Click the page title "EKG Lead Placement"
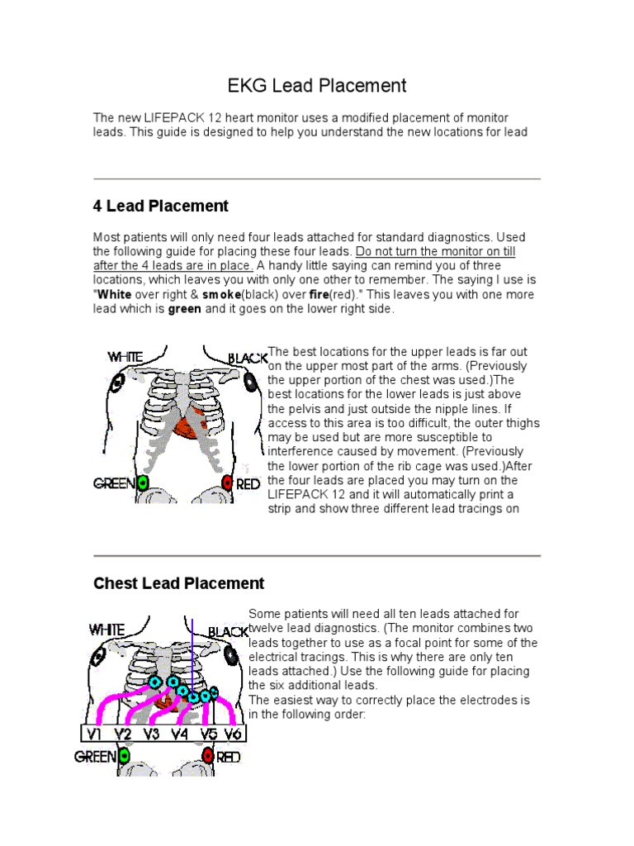click(317, 85)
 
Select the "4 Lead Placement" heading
click(161, 206)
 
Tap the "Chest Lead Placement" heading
click(179, 583)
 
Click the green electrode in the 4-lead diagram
click(143, 482)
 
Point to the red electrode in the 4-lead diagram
click(227, 483)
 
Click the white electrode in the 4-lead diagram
click(119, 382)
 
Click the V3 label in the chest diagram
click(150, 733)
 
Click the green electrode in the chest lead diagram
click(124, 755)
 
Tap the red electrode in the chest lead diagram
click(207, 755)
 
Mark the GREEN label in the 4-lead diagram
click(115, 483)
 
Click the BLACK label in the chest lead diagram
click(228, 631)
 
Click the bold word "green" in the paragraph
click(185, 310)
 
